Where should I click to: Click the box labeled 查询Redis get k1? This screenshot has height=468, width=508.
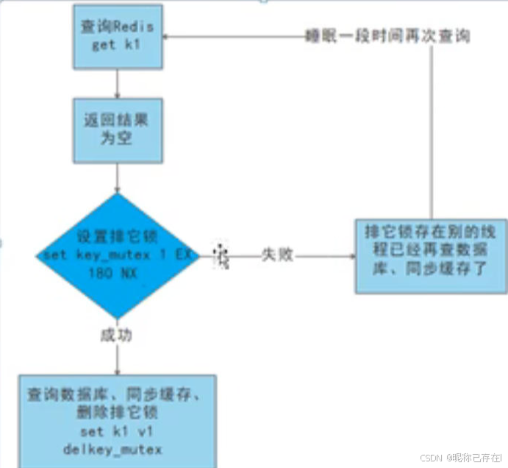click(x=118, y=36)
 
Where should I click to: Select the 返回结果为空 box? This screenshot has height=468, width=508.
click(x=118, y=131)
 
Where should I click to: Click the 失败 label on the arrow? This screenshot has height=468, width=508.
click(x=276, y=256)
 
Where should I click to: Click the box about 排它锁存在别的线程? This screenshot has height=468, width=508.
click(x=430, y=256)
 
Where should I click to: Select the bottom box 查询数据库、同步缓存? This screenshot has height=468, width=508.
click(x=118, y=420)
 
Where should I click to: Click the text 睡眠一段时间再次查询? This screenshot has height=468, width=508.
click(x=387, y=35)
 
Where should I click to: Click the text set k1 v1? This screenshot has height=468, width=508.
click(x=118, y=430)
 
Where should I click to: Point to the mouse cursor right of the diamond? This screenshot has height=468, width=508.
click(x=221, y=256)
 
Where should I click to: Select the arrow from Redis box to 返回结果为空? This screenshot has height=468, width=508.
click(x=118, y=82)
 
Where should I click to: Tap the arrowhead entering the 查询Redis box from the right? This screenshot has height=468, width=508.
click(x=165, y=35)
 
